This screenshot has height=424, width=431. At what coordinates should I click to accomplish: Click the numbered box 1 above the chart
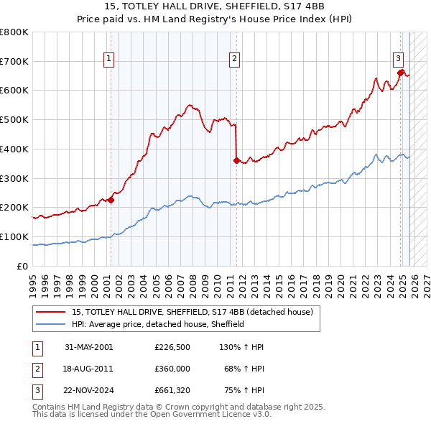[108, 60]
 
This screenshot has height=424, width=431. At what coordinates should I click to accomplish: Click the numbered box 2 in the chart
[235, 60]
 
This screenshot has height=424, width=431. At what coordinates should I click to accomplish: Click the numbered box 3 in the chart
[397, 60]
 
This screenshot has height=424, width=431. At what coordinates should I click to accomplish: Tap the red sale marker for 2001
[111, 201]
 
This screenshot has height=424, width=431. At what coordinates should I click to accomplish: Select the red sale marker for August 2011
[236, 161]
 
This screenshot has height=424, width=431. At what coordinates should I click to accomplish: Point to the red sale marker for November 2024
[401, 72]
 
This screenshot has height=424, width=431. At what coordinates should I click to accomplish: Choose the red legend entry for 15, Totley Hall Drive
[192, 313]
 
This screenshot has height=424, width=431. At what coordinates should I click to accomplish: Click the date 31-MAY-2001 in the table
[88, 347]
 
